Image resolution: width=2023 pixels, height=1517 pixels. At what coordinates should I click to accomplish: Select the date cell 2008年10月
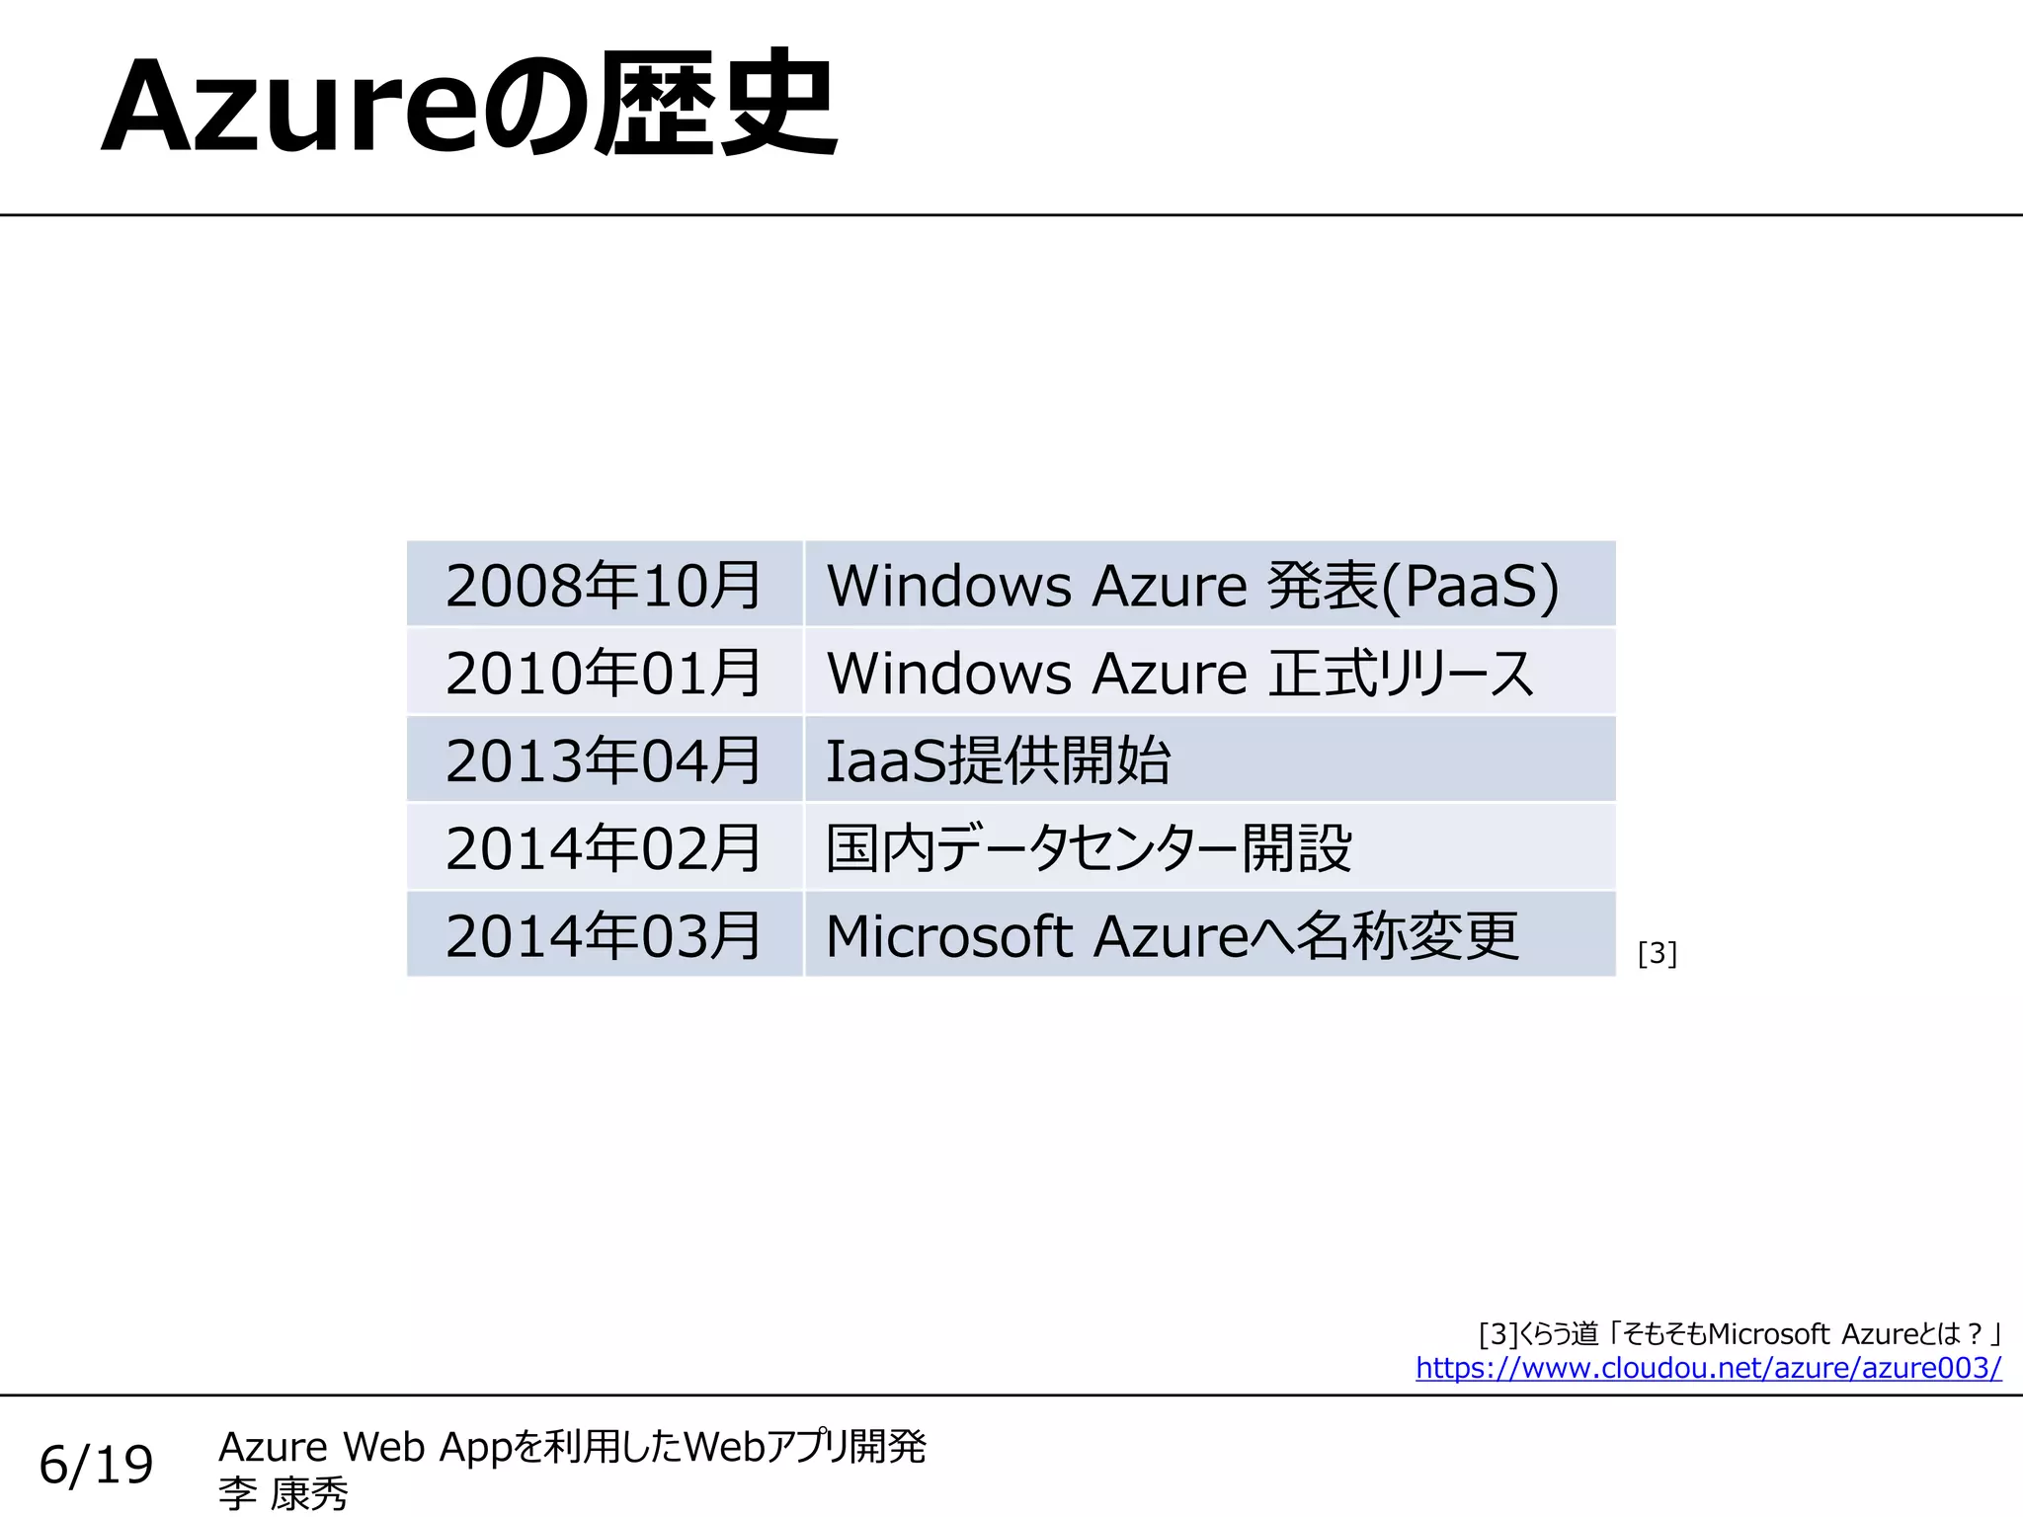click(603, 586)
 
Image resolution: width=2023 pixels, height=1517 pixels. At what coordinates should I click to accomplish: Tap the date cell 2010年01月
click(603, 674)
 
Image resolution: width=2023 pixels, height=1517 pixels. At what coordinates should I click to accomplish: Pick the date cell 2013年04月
click(603, 760)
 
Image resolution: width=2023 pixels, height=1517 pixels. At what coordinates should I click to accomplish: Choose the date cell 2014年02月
click(603, 848)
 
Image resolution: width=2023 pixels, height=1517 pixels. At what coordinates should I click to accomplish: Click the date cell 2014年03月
click(603, 935)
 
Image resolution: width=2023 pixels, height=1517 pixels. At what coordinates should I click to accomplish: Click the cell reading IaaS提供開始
click(998, 760)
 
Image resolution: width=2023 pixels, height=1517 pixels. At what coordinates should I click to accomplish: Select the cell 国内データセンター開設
click(1089, 848)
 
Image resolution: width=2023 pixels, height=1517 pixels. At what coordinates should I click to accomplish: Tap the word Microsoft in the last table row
click(948, 935)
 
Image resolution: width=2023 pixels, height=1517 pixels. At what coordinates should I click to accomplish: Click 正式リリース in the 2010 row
click(1401, 674)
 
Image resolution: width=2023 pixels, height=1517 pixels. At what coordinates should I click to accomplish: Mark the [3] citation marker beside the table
click(1657, 953)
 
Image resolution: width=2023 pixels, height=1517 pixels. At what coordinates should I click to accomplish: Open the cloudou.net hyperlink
click(1708, 1368)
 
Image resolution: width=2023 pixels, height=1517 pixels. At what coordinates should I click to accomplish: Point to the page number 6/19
click(96, 1464)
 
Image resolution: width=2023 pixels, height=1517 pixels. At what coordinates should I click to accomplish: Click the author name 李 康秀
click(283, 1493)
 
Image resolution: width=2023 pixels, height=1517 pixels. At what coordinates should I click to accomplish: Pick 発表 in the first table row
click(1322, 586)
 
